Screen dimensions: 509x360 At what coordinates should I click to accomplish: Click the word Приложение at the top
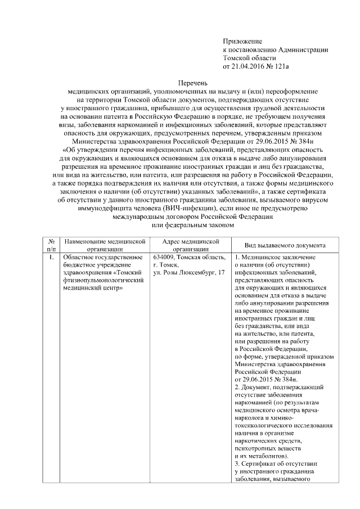(x=242, y=42)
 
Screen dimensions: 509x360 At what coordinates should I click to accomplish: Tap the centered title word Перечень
(x=185, y=82)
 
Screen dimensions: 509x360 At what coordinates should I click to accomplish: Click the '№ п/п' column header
(x=51, y=245)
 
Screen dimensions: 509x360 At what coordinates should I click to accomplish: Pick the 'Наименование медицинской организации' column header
(x=105, y=245)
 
